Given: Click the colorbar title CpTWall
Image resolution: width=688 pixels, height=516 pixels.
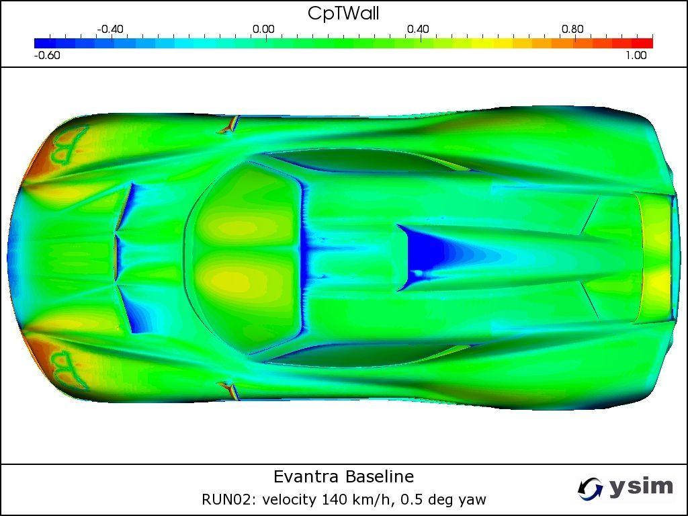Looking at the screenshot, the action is pos(343,13).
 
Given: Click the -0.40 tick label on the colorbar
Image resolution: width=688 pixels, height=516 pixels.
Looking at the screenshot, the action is pos(110,30).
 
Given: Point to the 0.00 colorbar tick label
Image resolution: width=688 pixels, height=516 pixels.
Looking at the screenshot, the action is pos(263,30).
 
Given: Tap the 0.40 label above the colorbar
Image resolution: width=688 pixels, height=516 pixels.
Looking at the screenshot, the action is pos(418,30).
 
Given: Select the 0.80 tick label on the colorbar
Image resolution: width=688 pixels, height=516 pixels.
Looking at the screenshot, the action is pos(572,30).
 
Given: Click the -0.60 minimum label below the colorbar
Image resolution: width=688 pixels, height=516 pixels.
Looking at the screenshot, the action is pos(47,55).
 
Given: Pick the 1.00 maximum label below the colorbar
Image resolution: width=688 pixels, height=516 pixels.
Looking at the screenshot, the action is pos(636,55).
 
